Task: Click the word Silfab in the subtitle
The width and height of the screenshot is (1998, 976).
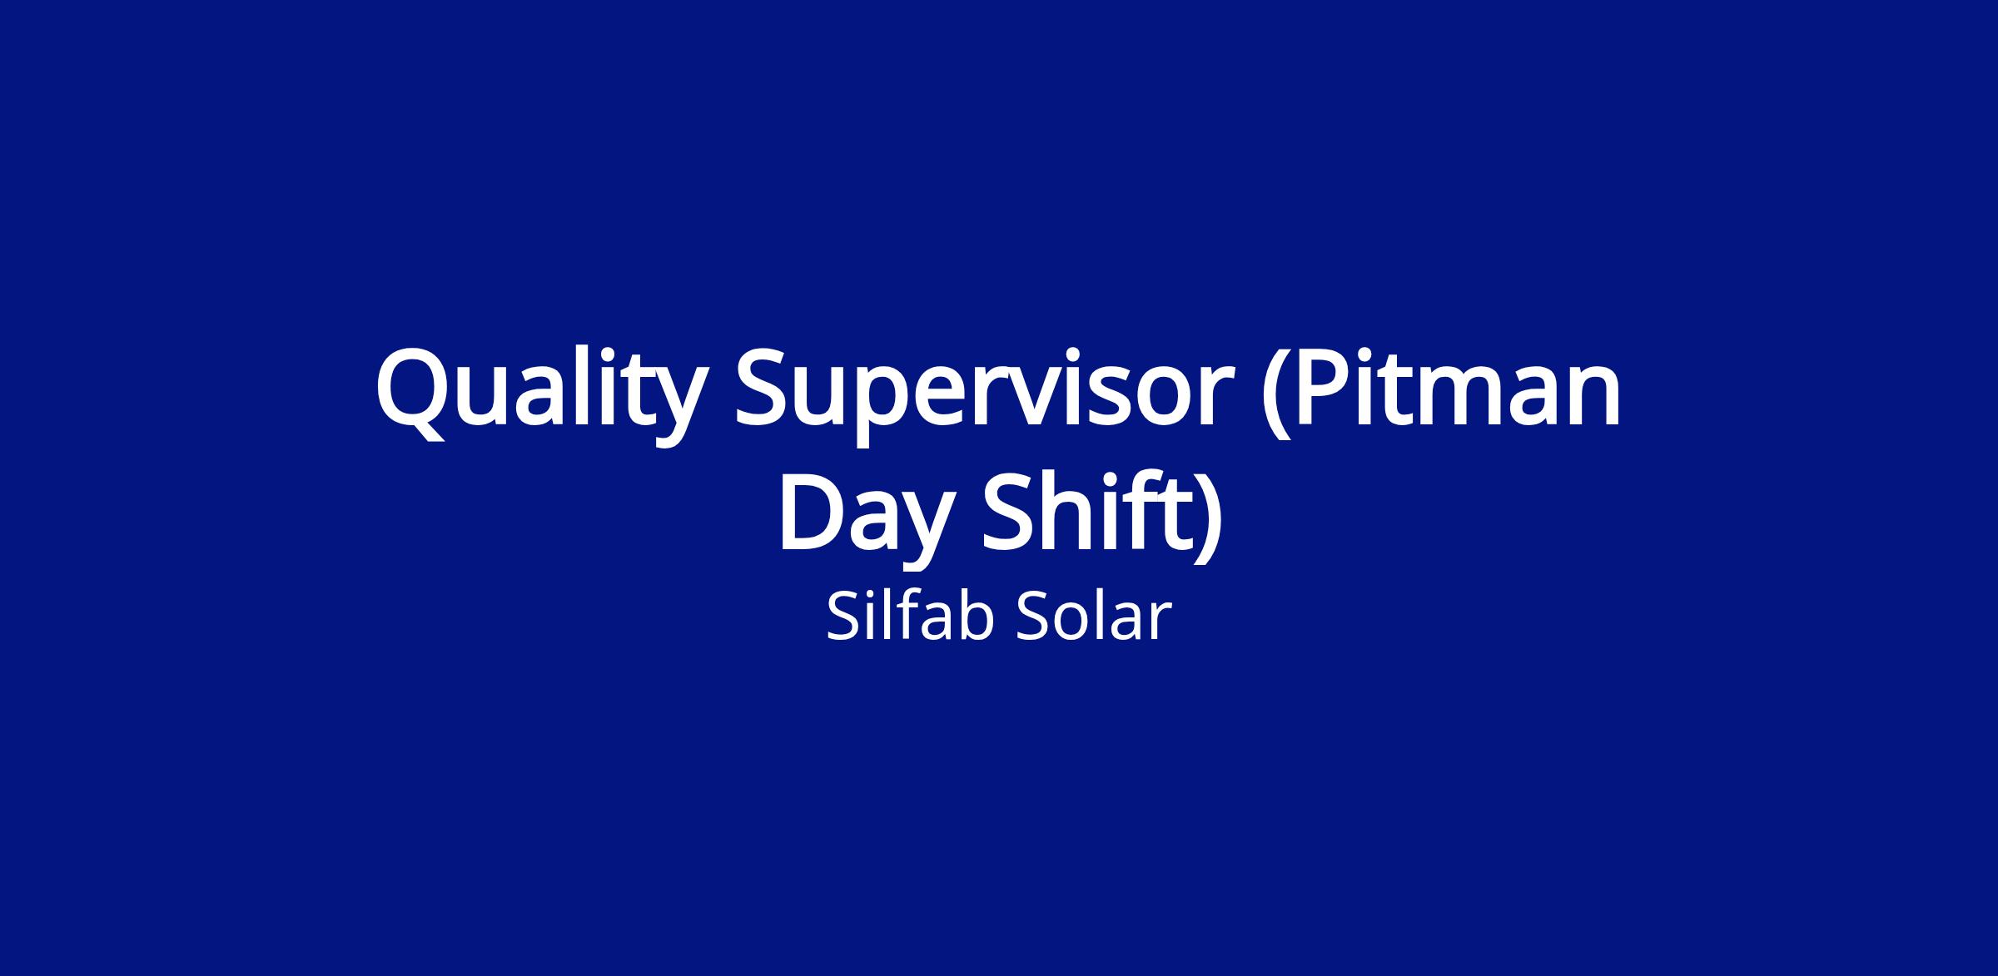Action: [x=911, y=617]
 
